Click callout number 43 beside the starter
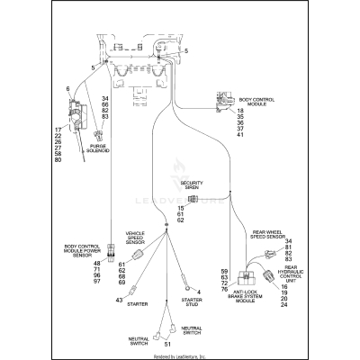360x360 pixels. click(119, 300)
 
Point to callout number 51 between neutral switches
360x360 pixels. click(166, 344)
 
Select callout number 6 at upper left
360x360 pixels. click(67, 88)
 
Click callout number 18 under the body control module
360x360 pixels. click(240, 111)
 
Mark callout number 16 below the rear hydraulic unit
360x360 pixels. click(285, 286)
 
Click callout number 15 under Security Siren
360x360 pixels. click(181, 207)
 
